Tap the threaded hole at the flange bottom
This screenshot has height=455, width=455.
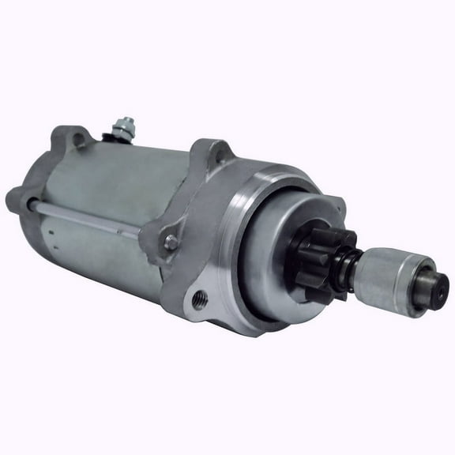(x=199, y=298)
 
